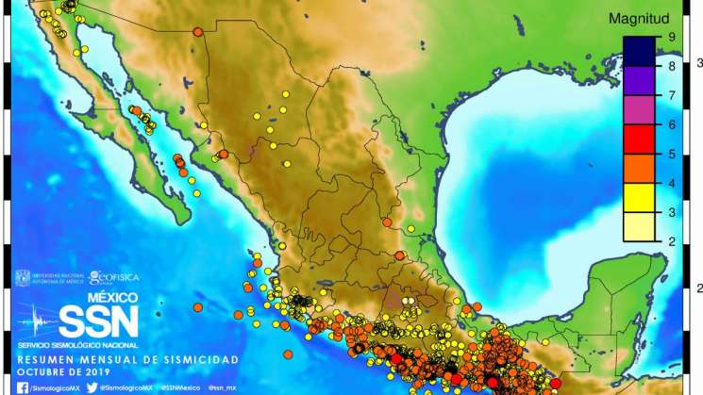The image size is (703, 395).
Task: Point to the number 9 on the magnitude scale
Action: [x=671, y=37]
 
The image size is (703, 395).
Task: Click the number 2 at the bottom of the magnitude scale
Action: [x=671, y=242]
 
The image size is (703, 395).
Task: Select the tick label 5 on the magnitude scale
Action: [x=671, y=154]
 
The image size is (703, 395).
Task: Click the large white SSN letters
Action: [x=98, y=322]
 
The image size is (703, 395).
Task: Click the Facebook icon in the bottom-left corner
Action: [x=21, y=387]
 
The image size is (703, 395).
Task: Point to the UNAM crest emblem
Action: [x=22, y=278]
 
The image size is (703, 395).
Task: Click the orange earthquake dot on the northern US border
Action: [x=198, y=32]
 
